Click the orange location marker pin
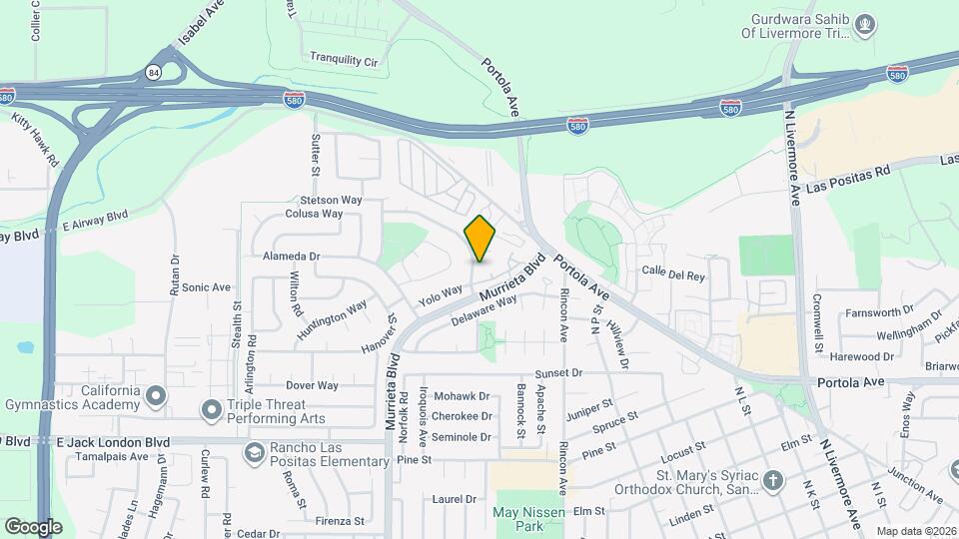[480, 239]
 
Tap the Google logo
[34, 526]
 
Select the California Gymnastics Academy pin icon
[155, 397]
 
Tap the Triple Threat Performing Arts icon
[211, 409]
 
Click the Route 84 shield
[153, 72]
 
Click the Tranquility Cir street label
[344, 61]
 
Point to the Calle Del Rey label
[674, 271]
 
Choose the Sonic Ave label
[207, 287]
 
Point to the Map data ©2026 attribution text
[916, 530]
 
